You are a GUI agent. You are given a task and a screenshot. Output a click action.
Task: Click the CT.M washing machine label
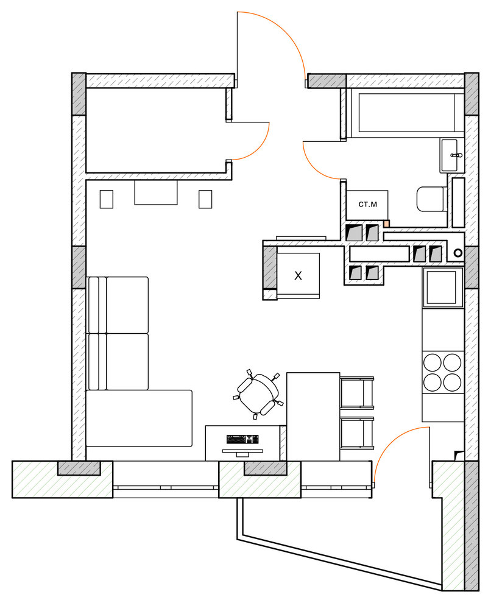click(x=367, y=205)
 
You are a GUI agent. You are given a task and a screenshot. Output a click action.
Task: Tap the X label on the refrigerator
click(x=298, y=275)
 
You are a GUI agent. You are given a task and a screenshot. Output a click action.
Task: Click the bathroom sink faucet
click(x=456, y=155)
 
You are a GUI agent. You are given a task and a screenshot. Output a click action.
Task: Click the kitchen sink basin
click(x=442, y=287)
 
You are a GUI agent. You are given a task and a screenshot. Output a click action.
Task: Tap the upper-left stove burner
click(x=433, y=362)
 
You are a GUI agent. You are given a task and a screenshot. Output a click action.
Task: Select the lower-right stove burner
click(x=452, y=383)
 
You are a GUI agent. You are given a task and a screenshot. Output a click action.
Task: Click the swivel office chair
click(x=258, y=394)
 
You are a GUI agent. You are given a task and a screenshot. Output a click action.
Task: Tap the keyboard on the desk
click(x=242, y=439)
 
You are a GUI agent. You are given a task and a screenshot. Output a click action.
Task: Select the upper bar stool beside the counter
click(x=357, y=392)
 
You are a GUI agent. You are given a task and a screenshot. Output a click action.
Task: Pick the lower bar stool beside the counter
click(x=357, y=433)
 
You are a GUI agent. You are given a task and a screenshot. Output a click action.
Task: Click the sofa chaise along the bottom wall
click(x=139, y=418)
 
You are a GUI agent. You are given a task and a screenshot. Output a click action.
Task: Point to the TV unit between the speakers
click(x=156, y=192)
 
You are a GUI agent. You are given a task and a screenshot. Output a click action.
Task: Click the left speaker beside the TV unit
click(x=107, y=199)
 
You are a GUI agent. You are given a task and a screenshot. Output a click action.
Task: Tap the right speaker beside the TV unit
click(x=205, y=199)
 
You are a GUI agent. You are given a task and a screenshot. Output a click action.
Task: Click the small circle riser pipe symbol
click(x=458, y=253)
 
